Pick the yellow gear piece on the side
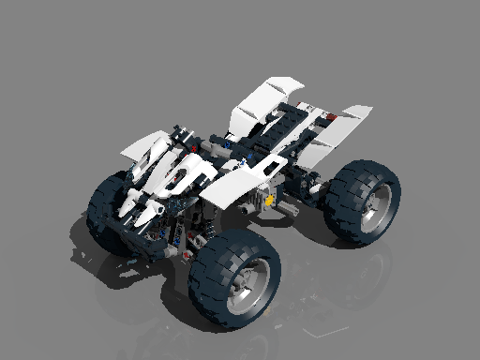(271, 199)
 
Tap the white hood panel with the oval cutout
(183, 173)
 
